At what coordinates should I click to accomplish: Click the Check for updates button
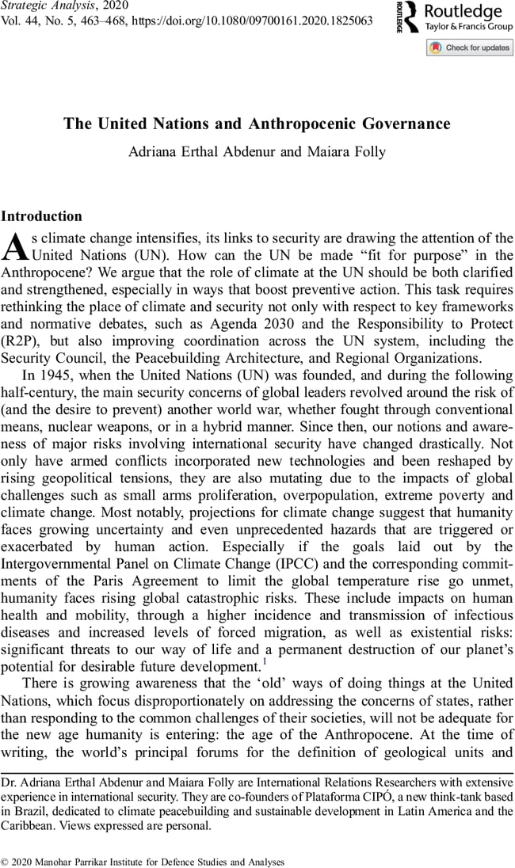coord(470,48)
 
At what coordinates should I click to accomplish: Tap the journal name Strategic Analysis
coord(46,6)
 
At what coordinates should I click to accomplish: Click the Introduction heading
coord(42,215)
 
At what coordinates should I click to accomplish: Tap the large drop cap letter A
coord(15,246)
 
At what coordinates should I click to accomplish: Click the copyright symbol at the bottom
coord(6,861)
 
